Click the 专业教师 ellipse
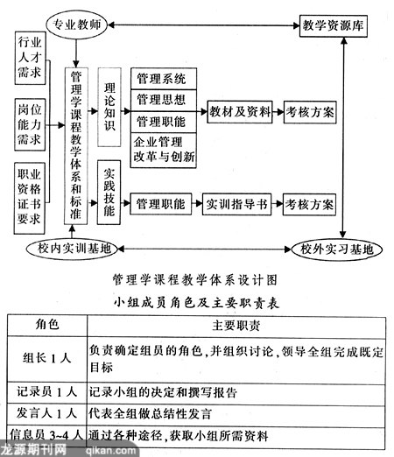76,25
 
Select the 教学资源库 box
333,25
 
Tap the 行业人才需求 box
30,58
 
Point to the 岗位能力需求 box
30,124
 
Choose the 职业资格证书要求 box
30,199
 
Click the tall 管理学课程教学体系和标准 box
76,146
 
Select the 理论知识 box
109,107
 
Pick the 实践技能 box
109,193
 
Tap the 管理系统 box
164,79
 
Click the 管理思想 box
164,100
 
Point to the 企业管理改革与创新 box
164,150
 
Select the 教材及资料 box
240,112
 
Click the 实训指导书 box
236,204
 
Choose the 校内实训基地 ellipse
72,249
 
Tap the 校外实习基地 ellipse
337,250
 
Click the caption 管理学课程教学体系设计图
195,280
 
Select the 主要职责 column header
236,326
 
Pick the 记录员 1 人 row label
46,392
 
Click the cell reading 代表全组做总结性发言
150,414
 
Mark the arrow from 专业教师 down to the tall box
76,53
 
